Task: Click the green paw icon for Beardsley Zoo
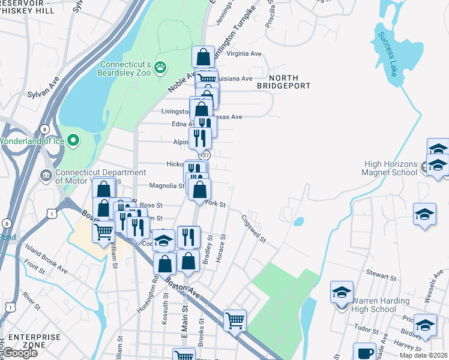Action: coord(160,67)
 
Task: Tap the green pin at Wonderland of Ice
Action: coord(74,141)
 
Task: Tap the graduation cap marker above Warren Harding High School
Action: coord(342,294)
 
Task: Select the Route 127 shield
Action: coord(205,154)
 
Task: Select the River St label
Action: coord(31,299)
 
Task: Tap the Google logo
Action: coord(19,353)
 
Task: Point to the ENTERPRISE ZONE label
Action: coord(35,341)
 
